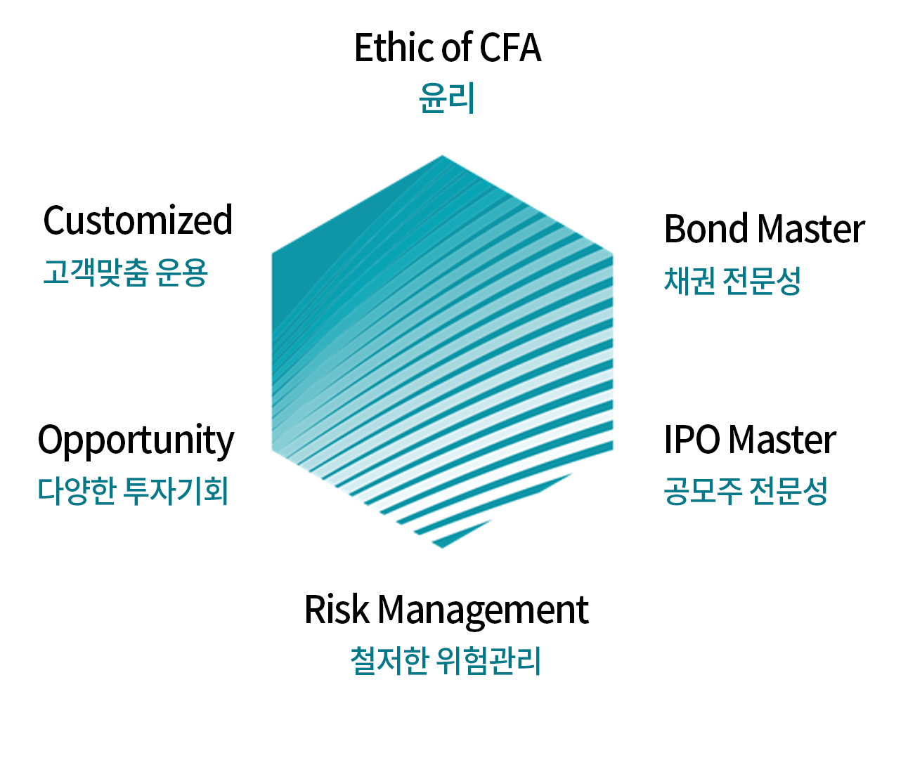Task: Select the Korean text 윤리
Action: pyautogui.click(x=447, y=98)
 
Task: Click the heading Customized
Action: pyautogui.click(x=138, y=221)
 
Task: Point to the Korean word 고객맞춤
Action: pyautogui.click(x=96, y=272)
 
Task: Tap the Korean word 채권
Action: pyautogui.click(x=689, y=280)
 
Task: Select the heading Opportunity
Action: pyautogui.click(x=136, y=441)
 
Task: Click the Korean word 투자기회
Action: pyautogui.click(x=176, y=490)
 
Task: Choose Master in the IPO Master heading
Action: pyautogui.click(x=782, y=440)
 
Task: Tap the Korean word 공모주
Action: pyautogui.click(x=703, y=490)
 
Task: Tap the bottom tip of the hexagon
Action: pyautogui.click(x=441, y=545)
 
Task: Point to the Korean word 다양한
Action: pyautogui.click(x=77, y=490)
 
